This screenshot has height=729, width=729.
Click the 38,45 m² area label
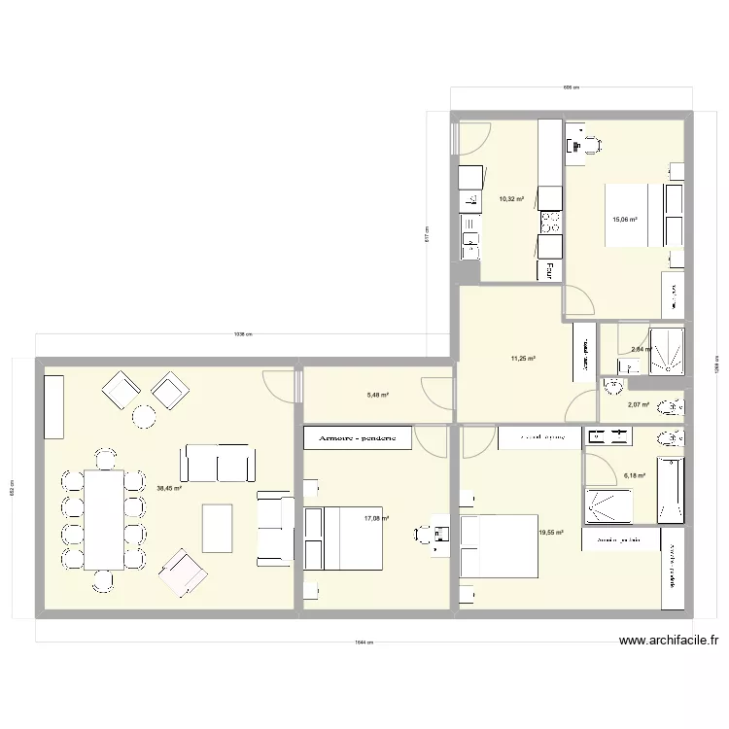coord(170,489)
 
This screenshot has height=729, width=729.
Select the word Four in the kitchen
coord(550,269)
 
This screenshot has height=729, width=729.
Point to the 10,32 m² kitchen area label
coord(511,199)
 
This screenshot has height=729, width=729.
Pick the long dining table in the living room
coord(104,518)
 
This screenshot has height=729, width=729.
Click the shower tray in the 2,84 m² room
coord(666,350)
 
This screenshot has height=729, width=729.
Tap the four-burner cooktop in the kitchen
coord(550,224)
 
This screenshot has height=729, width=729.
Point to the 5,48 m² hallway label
coord(377,395)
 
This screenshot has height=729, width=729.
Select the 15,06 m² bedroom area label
coord(624,220)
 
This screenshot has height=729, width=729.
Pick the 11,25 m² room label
coord(524,358)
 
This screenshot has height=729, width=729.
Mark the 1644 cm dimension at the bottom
coord(364,642)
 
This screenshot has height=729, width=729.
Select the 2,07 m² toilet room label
coord(639,405)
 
